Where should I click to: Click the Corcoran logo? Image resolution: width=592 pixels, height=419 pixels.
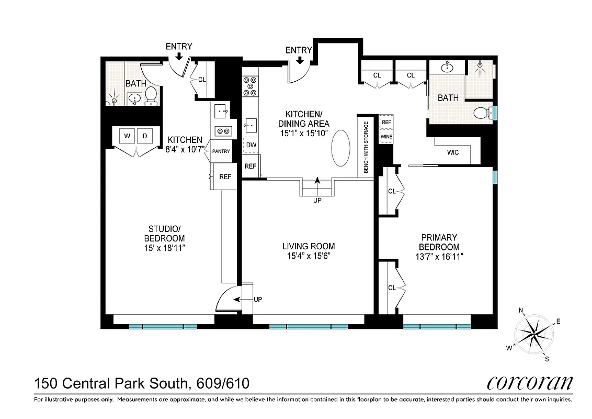click(x=529, y=383)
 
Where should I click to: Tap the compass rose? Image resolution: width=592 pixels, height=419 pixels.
click(x=534, y=334)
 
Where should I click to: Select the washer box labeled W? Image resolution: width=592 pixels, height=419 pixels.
click(x=127, y=136)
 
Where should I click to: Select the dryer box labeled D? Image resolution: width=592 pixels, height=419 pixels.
click(x=146, y=136)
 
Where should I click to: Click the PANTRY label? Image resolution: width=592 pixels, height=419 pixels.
click(x=221, y=151)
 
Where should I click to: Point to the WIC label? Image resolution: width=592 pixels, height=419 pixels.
click(x=453, y=153)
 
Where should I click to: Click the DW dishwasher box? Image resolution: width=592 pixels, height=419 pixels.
click(x=251, y=145)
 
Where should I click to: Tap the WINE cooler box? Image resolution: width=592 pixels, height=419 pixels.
click(x=386, y=137)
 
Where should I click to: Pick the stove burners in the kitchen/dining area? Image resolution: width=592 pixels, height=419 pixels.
click(x=251, y=86)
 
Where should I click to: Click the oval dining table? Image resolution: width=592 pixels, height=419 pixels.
click(x=340, y=148)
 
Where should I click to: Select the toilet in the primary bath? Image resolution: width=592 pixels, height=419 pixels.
click(x=482, y=112)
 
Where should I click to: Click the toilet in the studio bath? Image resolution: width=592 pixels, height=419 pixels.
click(x=151, y=95)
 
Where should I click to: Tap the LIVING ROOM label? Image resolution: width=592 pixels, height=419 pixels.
click(x=309, y=247)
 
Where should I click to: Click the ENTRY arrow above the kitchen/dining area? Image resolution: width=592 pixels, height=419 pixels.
click(x=300, y=60)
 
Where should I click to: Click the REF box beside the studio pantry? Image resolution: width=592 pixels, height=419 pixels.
click(x=225, y=177)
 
